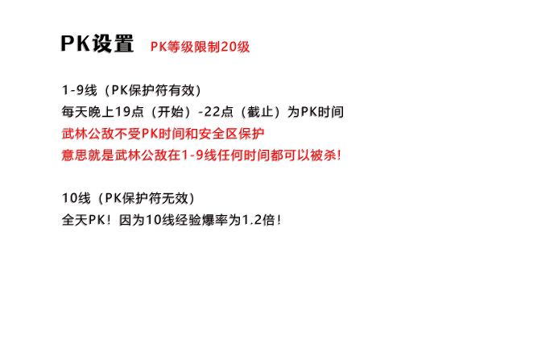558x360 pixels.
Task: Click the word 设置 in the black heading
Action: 114,43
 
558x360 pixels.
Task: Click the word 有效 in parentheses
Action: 182,90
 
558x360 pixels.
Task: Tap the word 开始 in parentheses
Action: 170,112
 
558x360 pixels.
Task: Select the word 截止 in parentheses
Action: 260,112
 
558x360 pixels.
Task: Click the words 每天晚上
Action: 88,112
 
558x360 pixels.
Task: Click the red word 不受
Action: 128,134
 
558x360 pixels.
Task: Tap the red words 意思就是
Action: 88,155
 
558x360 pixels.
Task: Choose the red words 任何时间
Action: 244,155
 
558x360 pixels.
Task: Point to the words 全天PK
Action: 83,220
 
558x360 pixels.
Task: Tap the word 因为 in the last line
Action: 132,220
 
